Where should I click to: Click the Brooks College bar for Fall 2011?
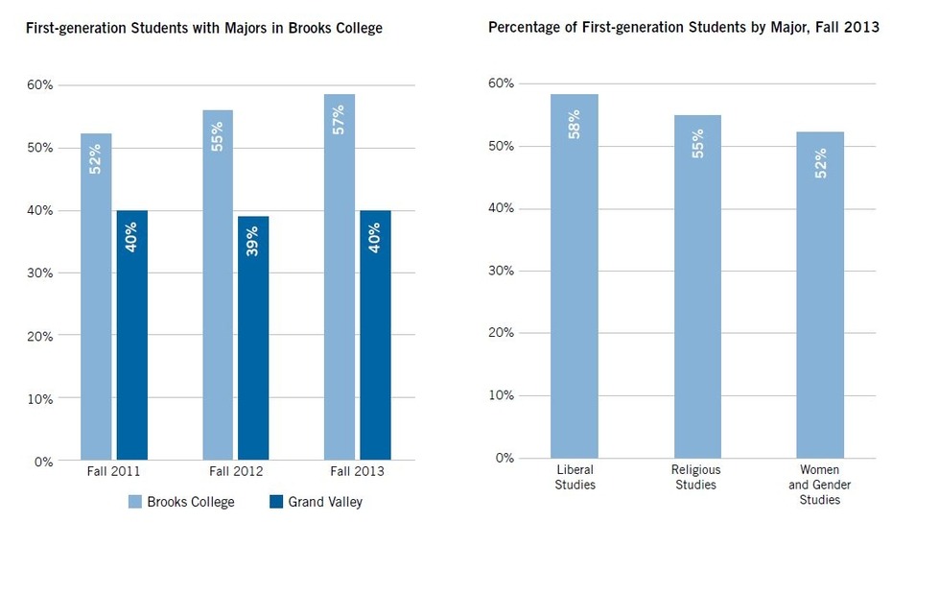point(96,297)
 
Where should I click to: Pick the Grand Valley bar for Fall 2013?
point(375,335)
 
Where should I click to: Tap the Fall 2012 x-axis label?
point(236,472)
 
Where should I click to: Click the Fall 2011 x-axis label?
point(113,472)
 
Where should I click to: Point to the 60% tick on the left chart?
point(40,84)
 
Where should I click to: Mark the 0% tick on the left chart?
point(44,461)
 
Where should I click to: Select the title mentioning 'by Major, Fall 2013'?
point(683,28)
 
